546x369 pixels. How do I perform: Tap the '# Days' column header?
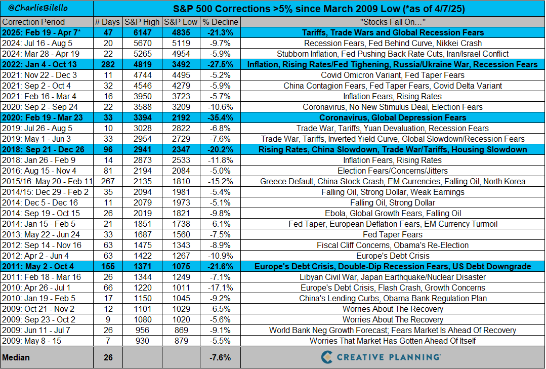point(108,22)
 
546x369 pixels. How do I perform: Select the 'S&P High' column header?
point(142,22)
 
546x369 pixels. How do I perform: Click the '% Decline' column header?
point(221,22)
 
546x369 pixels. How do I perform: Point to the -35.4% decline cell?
point(221,118)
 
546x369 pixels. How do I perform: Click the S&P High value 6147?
point(142,33)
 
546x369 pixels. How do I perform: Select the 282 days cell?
point(108,64)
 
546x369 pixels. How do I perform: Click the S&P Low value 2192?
point(181,118)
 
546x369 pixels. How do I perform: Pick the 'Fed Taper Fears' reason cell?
point(393,234)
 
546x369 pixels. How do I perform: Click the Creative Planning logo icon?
point(326,357)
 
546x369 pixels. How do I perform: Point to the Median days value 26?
point(108,357)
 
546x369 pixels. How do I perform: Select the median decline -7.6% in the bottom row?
point(220,357)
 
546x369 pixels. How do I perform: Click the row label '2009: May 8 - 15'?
point(31,341)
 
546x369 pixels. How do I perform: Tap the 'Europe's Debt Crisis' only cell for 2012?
point(393,256)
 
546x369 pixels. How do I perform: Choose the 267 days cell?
point(108,182)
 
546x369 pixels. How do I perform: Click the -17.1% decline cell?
point(221,288)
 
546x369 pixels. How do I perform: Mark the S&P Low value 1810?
point(181,182)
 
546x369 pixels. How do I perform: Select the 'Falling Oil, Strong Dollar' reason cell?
point(393,203)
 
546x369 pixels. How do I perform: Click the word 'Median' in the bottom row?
point(16,357)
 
